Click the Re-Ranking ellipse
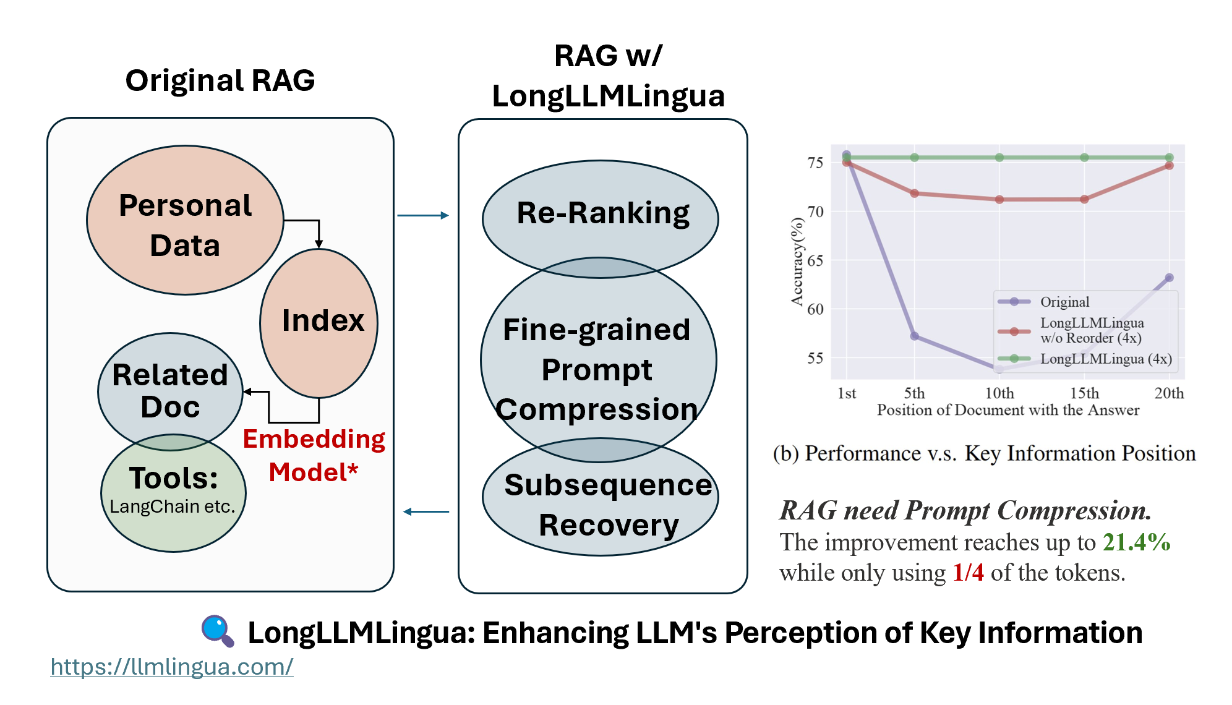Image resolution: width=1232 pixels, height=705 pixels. tap(600, 214)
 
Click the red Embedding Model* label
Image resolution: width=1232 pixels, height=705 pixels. tap(314, 455)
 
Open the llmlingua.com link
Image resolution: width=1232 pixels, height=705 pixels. tap(172, 667)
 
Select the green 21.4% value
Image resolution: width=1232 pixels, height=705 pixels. tap(1136, 542)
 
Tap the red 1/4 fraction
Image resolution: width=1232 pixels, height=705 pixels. tap(968, 573)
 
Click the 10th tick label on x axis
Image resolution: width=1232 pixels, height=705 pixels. tap(999, 393)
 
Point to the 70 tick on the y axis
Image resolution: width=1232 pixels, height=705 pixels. tap(815, 212)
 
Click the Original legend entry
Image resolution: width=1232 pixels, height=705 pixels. tap(1064, 302)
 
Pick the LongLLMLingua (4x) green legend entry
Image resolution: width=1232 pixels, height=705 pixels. tap(1105, 359)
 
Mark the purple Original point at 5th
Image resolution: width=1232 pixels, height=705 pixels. tap(914, 336)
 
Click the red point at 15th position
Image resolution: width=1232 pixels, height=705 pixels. tap(1084, 199)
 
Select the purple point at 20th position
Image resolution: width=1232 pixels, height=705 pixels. tap(1169, 278)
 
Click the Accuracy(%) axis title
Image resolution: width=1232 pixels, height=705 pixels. tap(797, 262)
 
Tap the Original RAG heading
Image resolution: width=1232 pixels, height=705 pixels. tap(220, 80)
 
